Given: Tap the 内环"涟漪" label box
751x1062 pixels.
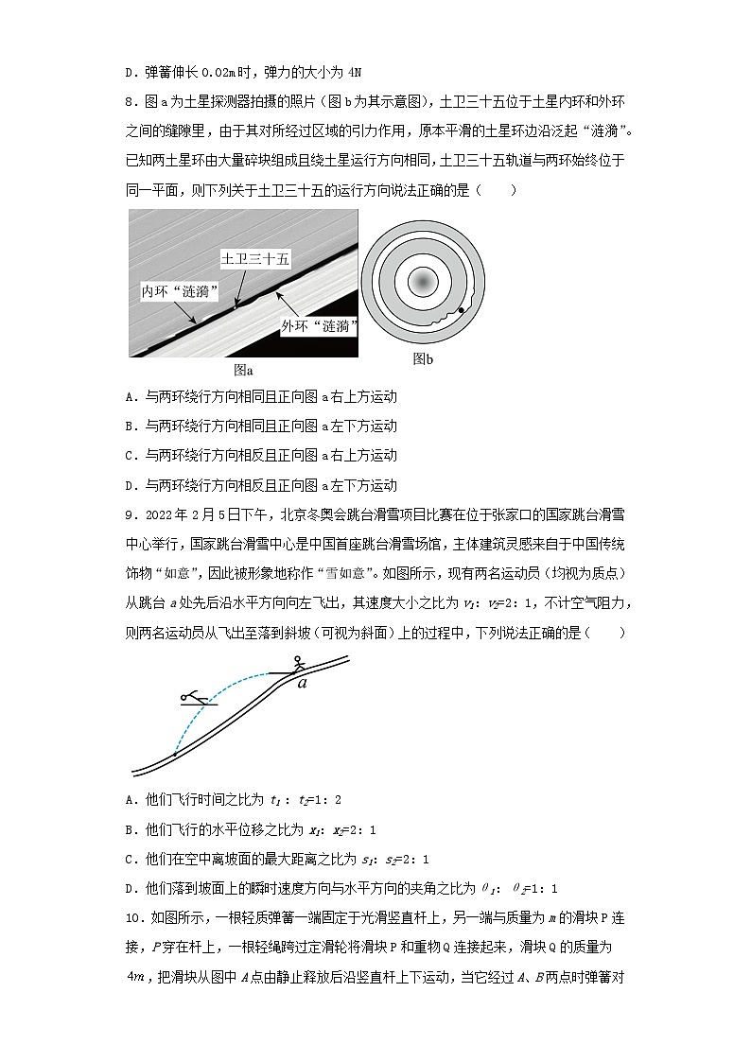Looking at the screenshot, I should [182, 289].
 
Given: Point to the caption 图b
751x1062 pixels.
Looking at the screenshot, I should [423, 358].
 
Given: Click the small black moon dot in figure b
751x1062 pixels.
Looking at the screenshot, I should [461, 309].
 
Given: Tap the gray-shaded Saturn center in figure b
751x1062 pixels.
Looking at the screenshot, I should [423, 282].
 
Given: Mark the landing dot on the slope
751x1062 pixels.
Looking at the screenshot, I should [173, 754].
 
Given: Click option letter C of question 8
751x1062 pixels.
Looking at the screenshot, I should [130, 455].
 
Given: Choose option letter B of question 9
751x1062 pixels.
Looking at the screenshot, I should [130, 829].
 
